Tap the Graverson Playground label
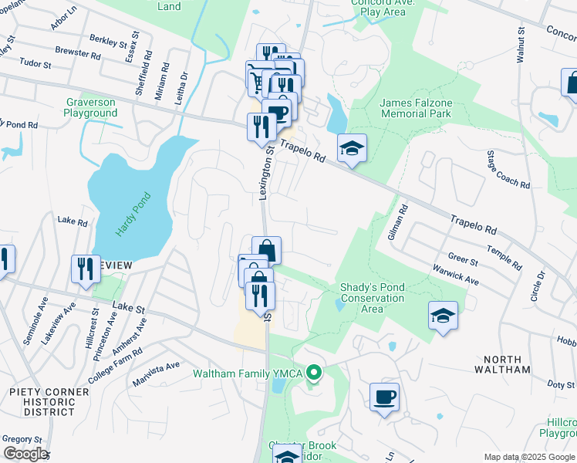(91, 108)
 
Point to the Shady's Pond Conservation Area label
(373, 298)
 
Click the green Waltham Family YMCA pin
(314, 375)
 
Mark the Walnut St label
(521, 46)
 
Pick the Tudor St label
(35, 63)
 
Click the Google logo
(25, 454)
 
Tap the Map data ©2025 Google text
(529, 457)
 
